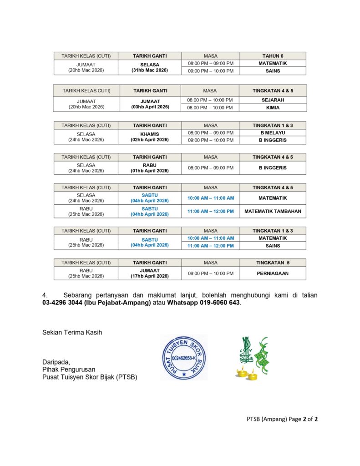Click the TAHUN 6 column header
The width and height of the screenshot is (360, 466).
pyautogui.click(x=273, y=56)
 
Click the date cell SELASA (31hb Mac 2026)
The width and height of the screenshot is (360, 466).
pyautogui.click(x=150, y=67)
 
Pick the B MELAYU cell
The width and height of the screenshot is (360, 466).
pyautogui.click(x=273, y=132)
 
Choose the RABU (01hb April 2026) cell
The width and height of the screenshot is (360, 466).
pyautogui.click(x=150, y=168)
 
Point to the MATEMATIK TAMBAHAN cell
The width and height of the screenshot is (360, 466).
pyautogui.click(x=273, y=211)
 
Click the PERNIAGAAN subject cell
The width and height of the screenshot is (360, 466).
pyautogui.click(x=273, y=274)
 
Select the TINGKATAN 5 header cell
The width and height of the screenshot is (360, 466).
pyautogui.click(x=273, y=263)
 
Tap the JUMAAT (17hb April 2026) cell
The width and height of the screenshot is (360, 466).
pyautogui.click(x=150, y=274)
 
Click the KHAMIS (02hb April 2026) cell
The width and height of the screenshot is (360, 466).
pyautogui.click(x=150, y=137)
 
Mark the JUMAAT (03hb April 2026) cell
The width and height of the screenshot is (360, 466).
pyautogui.click(x=150, y=104)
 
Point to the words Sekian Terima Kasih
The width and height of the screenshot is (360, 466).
pyautogui.click(x=72, y=332)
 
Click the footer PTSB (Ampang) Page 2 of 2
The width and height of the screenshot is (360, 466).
pyautogui.click(x=279, y=419)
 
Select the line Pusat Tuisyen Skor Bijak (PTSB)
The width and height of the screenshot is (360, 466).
pyautogui.click(x=90, y=377)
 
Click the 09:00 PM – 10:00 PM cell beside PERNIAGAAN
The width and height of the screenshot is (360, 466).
pyautogui.click(x=210, y=274)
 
